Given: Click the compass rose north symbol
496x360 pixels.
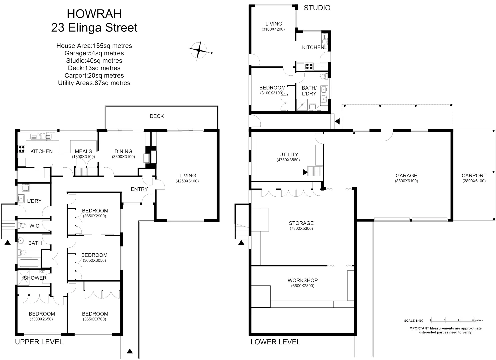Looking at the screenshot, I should point(199,50).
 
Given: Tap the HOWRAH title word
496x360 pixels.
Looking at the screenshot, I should point(94,14).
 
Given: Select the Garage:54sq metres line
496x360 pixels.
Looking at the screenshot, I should point(94,53).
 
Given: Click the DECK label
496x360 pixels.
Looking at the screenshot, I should point(157,116).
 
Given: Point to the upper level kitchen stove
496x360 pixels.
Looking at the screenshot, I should point(21,149).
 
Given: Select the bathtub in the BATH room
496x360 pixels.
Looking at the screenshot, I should point(29,263).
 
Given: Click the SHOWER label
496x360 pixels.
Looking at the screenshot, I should point(35,278).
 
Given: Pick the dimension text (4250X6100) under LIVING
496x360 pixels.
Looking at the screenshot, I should point(187,181).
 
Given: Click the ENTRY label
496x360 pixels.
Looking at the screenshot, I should point(139,189).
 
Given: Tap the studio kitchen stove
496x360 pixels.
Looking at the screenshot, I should point(309,66).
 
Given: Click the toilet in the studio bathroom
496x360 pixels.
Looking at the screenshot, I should point(323,77).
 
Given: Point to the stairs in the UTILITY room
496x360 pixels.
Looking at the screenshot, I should point(315,171).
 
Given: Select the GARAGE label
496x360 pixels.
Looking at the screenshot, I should point(406,175).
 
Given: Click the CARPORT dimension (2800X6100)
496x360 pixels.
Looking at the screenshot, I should point(474,181).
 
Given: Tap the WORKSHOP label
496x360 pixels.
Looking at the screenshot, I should point(303,280).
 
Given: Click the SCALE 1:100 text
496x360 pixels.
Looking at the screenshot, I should point(414,321).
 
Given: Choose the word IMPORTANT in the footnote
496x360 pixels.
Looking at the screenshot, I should point(419,328).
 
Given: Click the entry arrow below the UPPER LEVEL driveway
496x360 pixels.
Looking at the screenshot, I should point(130,351).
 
